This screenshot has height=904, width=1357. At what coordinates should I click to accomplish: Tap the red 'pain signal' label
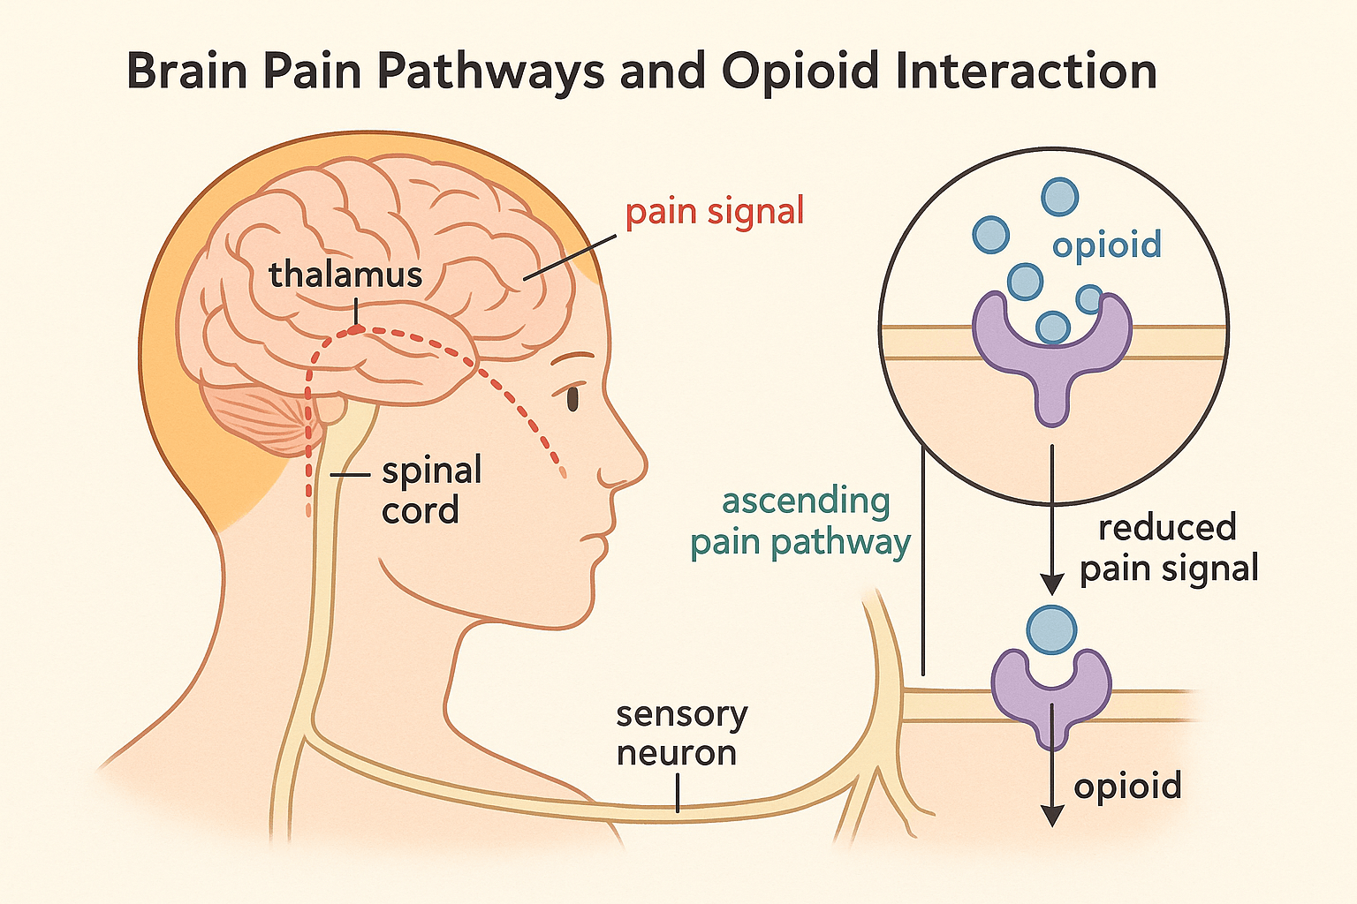click(715, 213)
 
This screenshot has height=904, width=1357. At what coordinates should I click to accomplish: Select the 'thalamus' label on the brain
click(345, 275)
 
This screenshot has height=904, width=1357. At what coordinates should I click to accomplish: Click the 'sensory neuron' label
click(681, 734)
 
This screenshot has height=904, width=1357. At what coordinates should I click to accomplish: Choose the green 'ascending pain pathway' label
click(800, 523)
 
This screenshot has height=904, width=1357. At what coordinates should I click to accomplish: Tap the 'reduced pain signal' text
click(1168, 548)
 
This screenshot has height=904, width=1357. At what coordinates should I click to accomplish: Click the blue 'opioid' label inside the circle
click(1106, 245)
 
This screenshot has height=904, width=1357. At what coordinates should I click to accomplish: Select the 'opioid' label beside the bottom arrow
click(1127, 785)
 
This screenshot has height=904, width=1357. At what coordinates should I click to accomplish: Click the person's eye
click(572, 398)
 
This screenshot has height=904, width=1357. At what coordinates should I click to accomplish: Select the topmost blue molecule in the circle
click(1059, 196)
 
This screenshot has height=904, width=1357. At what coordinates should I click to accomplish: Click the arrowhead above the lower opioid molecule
click(1051, 584)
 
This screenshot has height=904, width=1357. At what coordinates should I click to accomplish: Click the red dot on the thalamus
click(355, 329)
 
